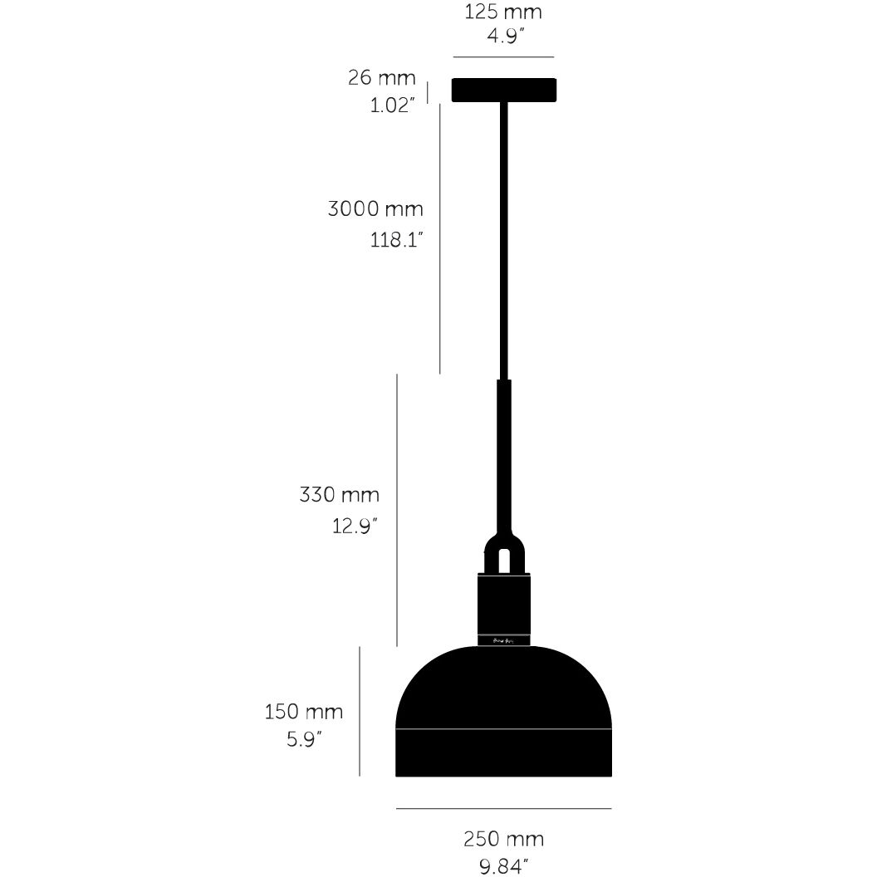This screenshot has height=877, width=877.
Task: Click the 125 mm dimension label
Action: click(x=503, y=13)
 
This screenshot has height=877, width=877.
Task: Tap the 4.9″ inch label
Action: click(x=503, y=37)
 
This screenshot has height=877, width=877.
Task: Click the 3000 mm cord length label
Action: click(x=375, y=208)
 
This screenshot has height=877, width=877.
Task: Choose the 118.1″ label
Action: click(x=397, y=240)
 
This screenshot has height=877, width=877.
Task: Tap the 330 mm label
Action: click(x=339, y=495)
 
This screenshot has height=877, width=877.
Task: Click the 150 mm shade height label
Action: click(x=304, y=712)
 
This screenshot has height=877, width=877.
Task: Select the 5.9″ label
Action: click(x=304, y=738)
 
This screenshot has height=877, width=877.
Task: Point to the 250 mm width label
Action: click(x=503, y=839)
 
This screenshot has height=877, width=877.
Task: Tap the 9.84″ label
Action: click(x=503, y=866)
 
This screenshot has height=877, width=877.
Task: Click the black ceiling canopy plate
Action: click(x=503, y=90)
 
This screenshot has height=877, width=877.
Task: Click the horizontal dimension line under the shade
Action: click(x=503, y=808)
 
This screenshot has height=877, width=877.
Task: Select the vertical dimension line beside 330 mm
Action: click(x=398, y=510)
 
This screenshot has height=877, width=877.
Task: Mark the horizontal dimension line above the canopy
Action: click(x=503, y=57)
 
